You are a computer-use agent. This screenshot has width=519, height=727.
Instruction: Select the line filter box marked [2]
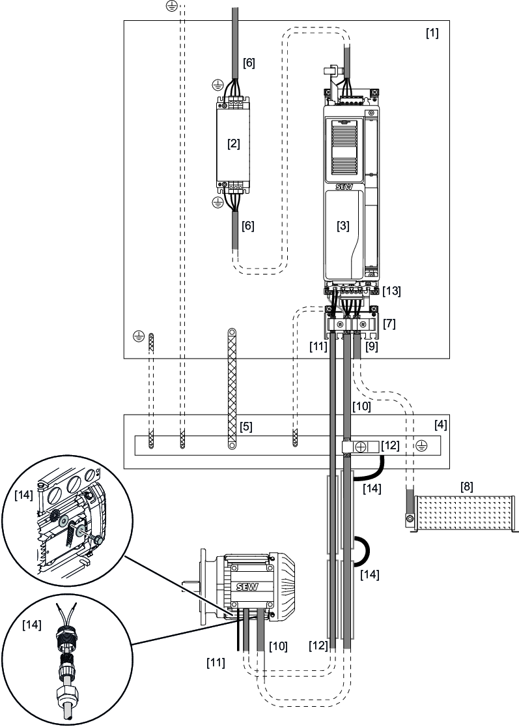pos(232,144)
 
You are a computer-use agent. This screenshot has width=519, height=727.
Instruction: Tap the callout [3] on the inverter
pos(343,226)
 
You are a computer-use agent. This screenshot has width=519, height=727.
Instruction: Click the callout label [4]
pos(441,424)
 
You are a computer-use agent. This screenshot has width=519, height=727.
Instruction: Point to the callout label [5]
pos(245,428)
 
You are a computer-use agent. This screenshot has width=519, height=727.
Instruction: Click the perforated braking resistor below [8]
pos(463,513)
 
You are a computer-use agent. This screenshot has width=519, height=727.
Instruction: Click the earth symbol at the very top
pos(171,6)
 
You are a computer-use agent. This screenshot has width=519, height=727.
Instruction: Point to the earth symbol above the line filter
pos(217,85)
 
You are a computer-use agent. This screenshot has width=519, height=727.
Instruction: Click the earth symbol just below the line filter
pos(217,203)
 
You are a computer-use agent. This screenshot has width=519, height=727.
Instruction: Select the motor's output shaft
pos(189,586)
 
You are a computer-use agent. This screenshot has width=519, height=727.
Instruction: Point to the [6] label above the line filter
pos(249,63)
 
